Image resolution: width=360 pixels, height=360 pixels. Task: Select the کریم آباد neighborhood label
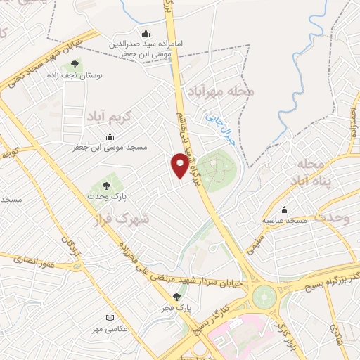click(x=110, y=117)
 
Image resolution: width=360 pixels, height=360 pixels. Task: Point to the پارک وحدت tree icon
click(x=106, y=186)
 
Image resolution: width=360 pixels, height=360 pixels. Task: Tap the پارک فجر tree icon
click(x=176, y=297)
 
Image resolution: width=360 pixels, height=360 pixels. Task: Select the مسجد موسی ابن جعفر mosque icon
click(x=110, y=136)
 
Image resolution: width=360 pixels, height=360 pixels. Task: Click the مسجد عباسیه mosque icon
click(x=284, y=210)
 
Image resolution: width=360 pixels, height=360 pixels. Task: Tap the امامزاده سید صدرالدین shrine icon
click(x=146, y=33)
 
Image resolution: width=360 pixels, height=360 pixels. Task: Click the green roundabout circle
click(x=265, y=296)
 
